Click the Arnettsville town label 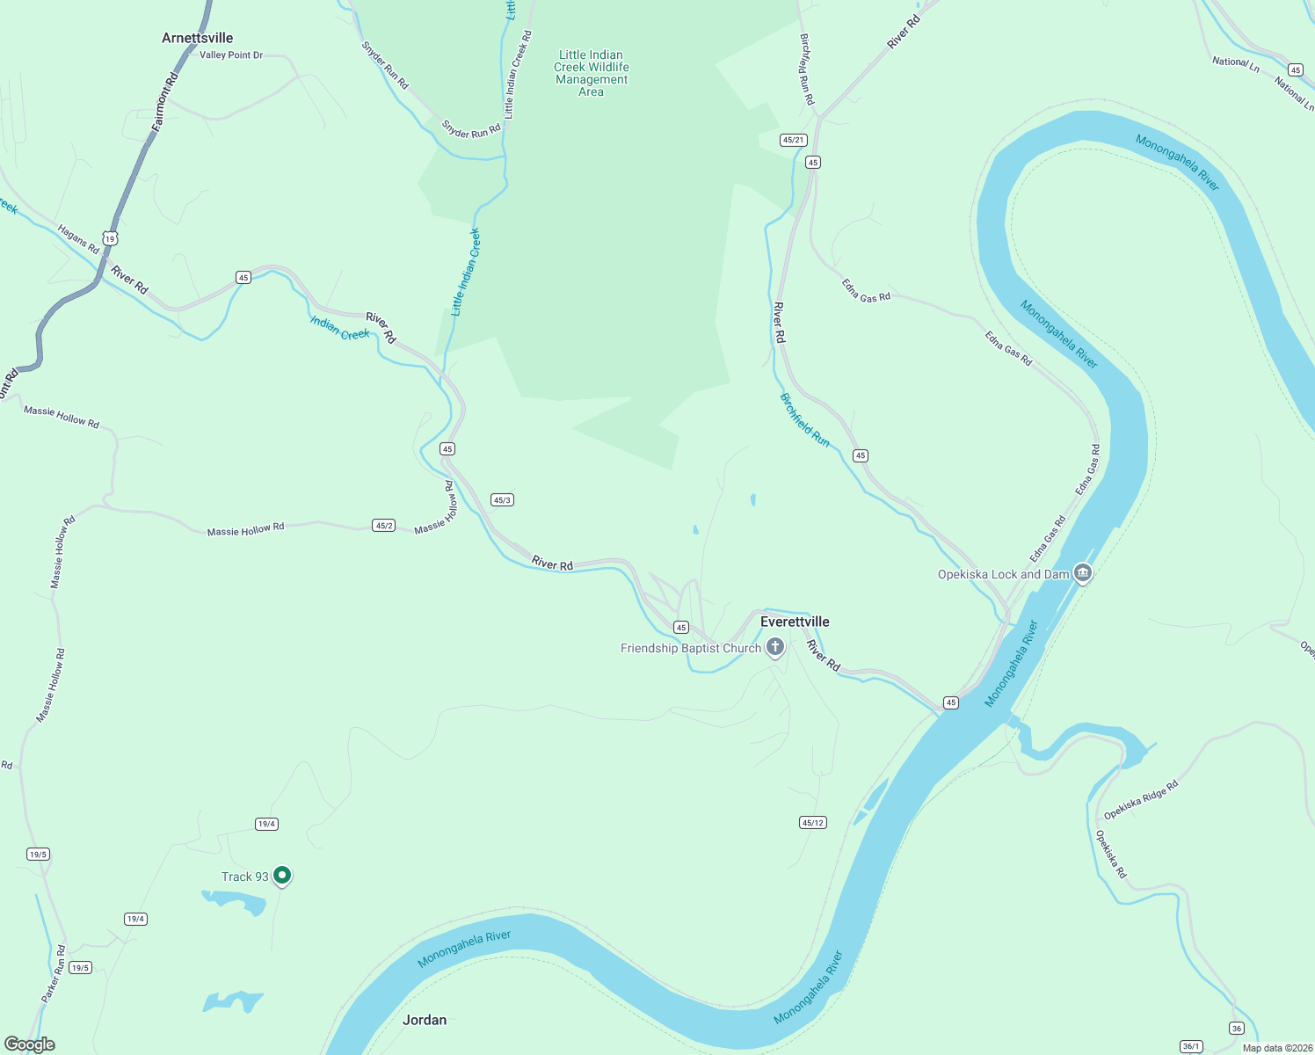pos(198,38)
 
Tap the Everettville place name pos(795,622)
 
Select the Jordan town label pos(425,1020)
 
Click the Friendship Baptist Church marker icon pos(775,648)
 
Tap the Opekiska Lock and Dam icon pos(1083,574)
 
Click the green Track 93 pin pos(282,876)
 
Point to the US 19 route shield pos(109,238)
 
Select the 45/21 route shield pos(793,140)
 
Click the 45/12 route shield pos(813,823)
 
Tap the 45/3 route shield pos(502,499)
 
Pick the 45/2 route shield pos(384,526)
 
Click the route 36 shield pos(1237,1029)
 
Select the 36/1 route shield pos(1191,1046)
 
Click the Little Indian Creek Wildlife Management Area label pos(592,73)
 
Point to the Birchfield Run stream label pos(805,420)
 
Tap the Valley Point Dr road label pos(231,55)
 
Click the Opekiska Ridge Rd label pos(1141,800)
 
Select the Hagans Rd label pos(78,239)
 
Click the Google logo pos(29,1044)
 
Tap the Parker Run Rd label pos(54,975)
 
